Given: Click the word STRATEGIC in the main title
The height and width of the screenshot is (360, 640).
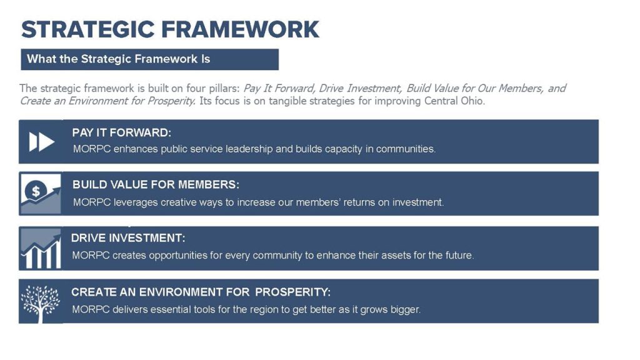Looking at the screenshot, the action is coord(87,29).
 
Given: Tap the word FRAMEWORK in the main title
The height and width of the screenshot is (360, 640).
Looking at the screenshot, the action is coord(240,29).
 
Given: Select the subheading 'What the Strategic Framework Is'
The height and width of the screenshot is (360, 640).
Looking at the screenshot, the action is coord(118,59).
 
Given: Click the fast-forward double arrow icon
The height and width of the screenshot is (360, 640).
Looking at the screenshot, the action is coord(42,142).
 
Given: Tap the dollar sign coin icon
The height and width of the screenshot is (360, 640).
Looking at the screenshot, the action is coord(36,190).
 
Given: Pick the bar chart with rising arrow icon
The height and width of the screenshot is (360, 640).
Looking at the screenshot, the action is coord(41,248).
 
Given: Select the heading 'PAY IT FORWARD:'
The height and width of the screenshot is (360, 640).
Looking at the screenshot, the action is coord(122,132).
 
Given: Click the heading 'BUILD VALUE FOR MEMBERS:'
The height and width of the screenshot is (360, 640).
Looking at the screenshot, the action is coord(156,184).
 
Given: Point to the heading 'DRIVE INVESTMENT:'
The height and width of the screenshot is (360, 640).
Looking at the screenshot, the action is coord(128,238).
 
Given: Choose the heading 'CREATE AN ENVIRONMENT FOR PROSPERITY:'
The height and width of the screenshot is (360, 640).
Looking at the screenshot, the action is coord(201,292).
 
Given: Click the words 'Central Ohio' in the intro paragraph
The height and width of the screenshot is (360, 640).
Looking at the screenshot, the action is coord(454,101).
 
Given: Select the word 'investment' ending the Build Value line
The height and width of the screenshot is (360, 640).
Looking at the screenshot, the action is coord(417,202).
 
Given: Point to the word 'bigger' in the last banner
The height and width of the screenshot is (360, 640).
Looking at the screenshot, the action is coord(405,310).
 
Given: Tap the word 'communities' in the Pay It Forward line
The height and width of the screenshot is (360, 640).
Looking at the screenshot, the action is coord(405,149).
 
